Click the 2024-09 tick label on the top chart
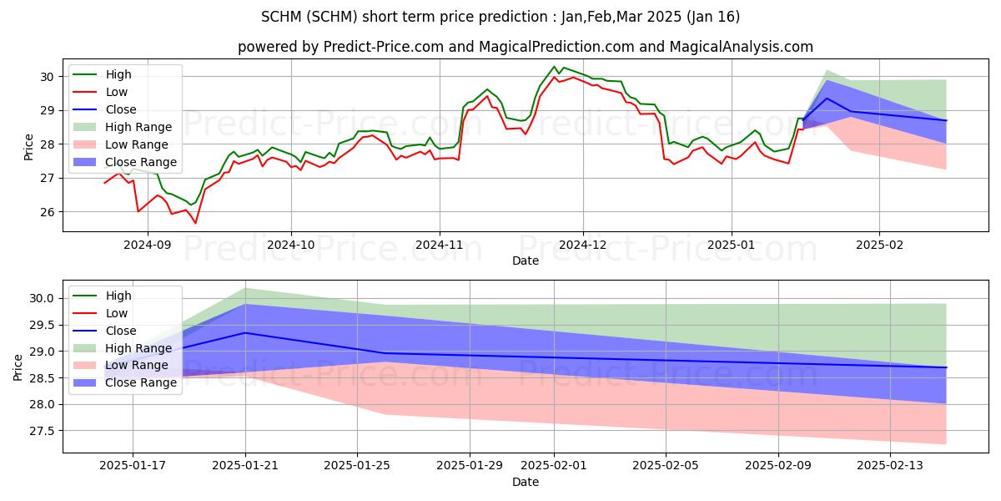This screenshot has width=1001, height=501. (x=148, y=245)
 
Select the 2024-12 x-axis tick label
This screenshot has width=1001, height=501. (x=583, y=245)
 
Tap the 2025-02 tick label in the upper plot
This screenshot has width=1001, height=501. (x=879, y=245)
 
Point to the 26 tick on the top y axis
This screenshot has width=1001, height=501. (x=47, y=212)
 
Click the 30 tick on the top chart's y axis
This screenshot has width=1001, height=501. (x=47, y=77)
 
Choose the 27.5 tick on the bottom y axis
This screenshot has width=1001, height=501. (x=42, y=431)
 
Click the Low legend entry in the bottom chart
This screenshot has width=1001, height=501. (x=118, y=313)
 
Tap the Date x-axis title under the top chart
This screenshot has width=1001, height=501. (x=526, y=261)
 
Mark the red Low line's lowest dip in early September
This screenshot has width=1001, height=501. (x=196, y=223)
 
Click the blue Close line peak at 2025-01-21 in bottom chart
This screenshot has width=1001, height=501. (x=245, y=332)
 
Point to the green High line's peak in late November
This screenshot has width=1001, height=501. (x=554, y=67)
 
